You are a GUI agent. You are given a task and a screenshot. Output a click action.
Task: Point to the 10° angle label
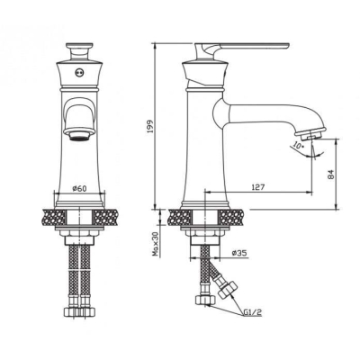click(x=297, y=145)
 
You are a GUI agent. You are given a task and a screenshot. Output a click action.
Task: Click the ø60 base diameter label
click(x=78, y=189)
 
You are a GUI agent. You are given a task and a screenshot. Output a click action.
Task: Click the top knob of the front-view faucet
click(x=79, y=45)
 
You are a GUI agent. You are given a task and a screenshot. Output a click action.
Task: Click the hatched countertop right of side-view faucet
click(x=234, y=217)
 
